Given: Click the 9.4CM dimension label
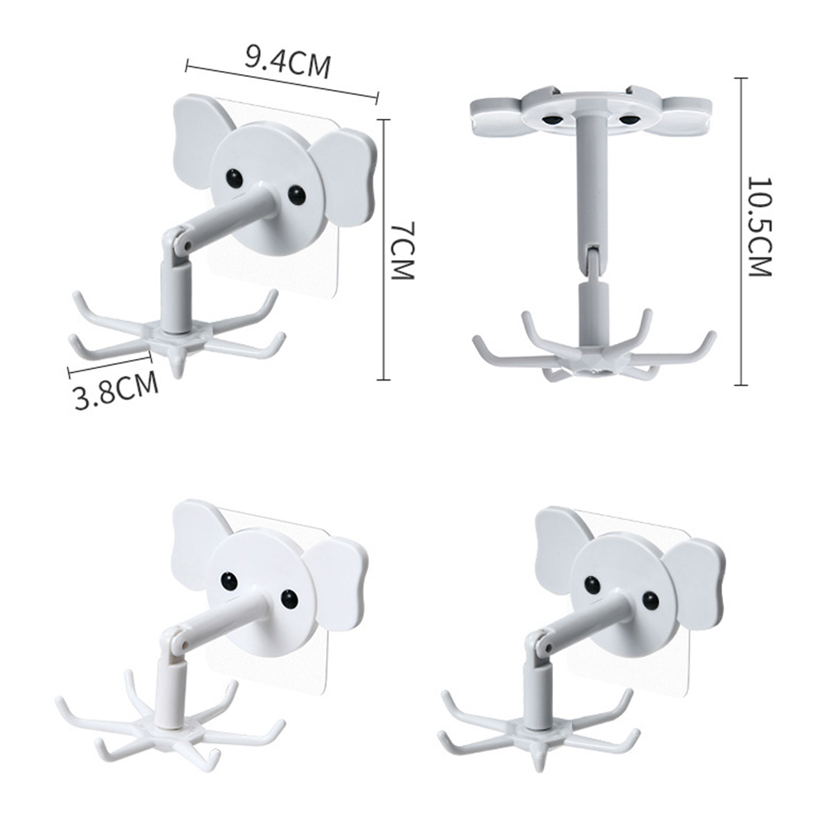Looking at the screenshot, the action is [x=288, y=62].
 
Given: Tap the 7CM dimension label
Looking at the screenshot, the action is [x=404, y=251].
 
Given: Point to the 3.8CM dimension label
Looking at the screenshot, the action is [x=116, y=391].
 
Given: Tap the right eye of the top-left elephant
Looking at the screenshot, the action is [x=297, y=195].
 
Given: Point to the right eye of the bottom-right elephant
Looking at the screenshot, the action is [x=652, y=599].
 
